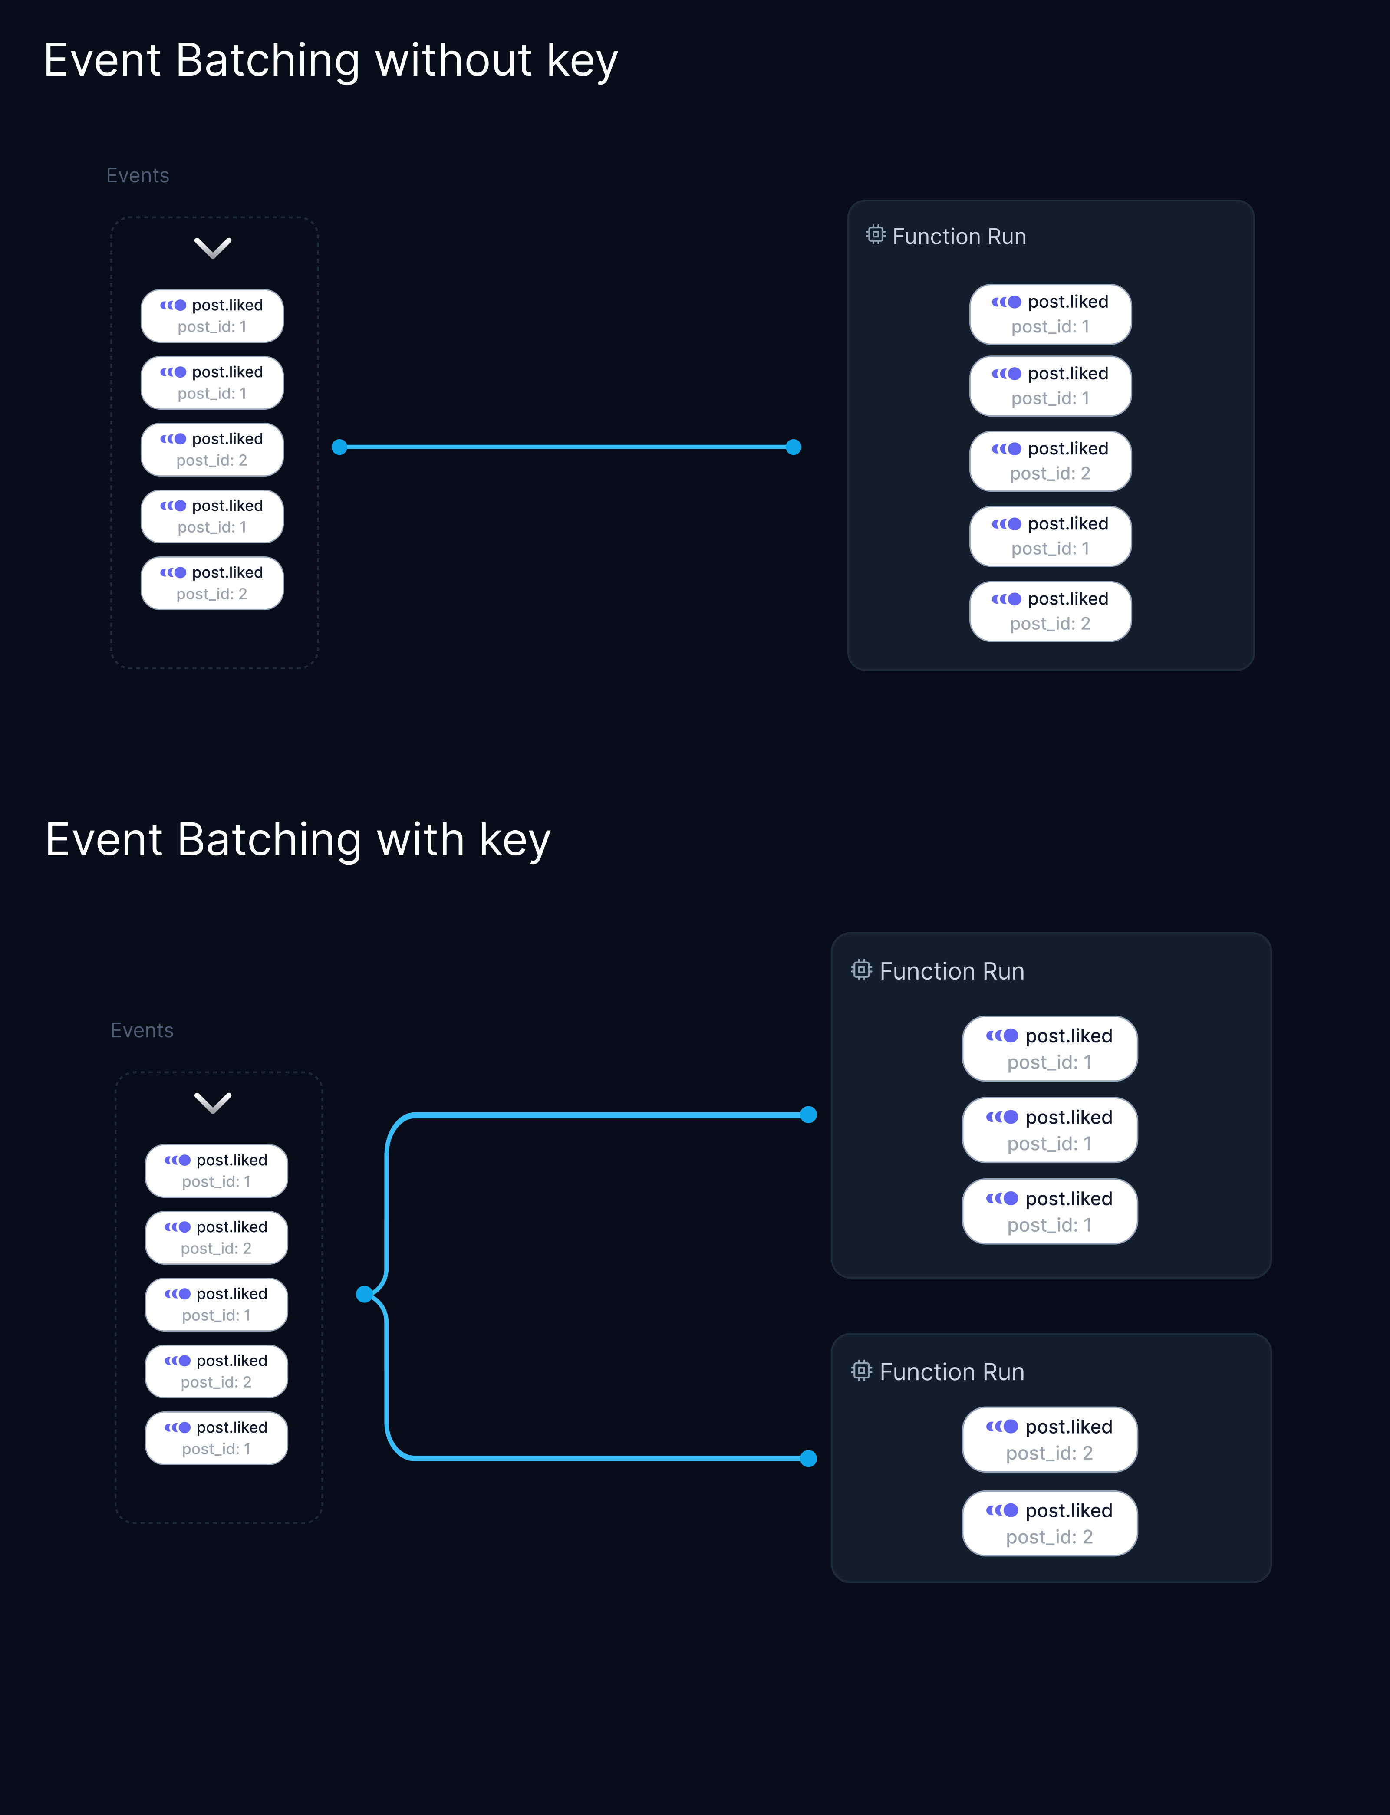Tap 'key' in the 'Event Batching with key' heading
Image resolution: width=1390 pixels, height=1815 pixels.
(515, 841)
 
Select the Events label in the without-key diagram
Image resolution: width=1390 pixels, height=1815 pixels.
(137, 175)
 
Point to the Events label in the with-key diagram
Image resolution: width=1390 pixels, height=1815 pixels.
(142, 1030)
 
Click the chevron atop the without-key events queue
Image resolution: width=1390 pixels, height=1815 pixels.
(213, 247)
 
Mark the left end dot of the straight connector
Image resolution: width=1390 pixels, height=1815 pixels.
(339, 447)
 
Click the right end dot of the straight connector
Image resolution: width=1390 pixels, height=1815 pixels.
(794, 447)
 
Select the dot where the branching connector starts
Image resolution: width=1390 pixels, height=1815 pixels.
(364, 1294)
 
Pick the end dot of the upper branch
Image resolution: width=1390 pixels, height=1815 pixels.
(808, 1115)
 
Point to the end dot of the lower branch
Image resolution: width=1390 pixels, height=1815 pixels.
(808, 1458)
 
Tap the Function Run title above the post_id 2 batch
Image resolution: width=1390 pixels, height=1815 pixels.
(952, 1371)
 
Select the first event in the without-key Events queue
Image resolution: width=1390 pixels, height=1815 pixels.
(212, 315)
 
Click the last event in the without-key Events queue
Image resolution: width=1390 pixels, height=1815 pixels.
(212, 583)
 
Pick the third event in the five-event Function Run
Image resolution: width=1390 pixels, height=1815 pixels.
(1050, 461)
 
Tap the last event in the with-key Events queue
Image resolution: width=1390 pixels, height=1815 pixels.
(216, 1438)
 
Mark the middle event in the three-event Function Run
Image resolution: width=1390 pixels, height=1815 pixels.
(1049, 1130)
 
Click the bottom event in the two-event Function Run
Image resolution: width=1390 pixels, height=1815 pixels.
(1049, 1523)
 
